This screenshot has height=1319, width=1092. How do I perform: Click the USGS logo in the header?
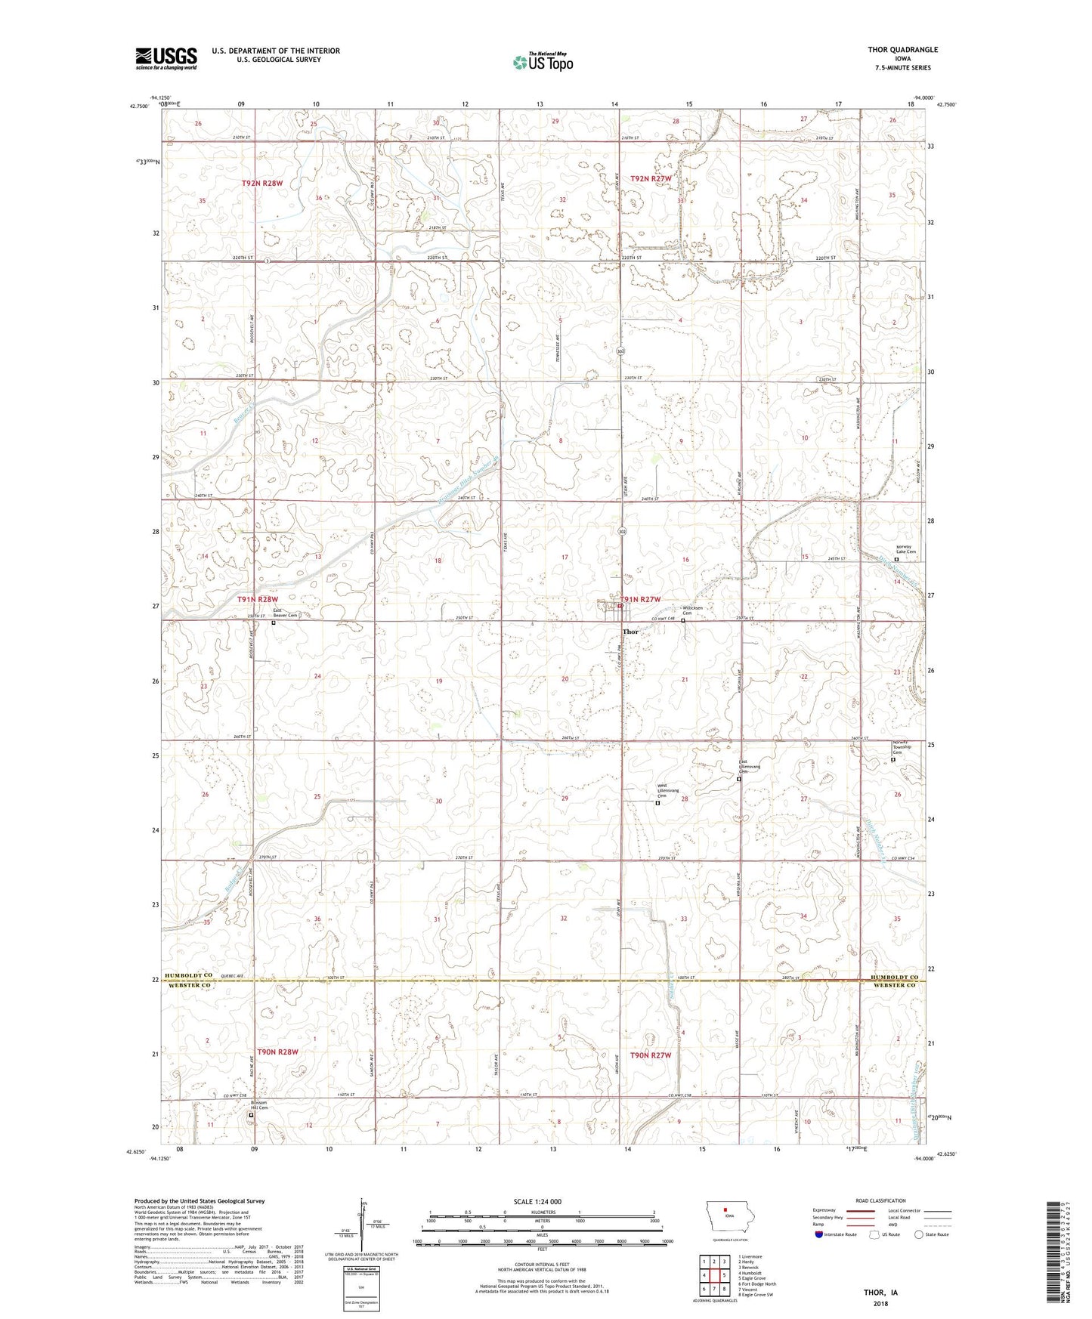point(166,58)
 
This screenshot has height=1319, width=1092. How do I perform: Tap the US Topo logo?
point(543,61)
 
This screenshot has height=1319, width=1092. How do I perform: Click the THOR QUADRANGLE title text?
point(902,50)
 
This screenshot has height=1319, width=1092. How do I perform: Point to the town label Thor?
point(630,632)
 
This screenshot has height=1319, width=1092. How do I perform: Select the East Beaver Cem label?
point(285,613)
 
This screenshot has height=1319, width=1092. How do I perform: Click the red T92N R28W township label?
point(262,184)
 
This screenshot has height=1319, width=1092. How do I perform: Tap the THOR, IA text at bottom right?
point(880,1293)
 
